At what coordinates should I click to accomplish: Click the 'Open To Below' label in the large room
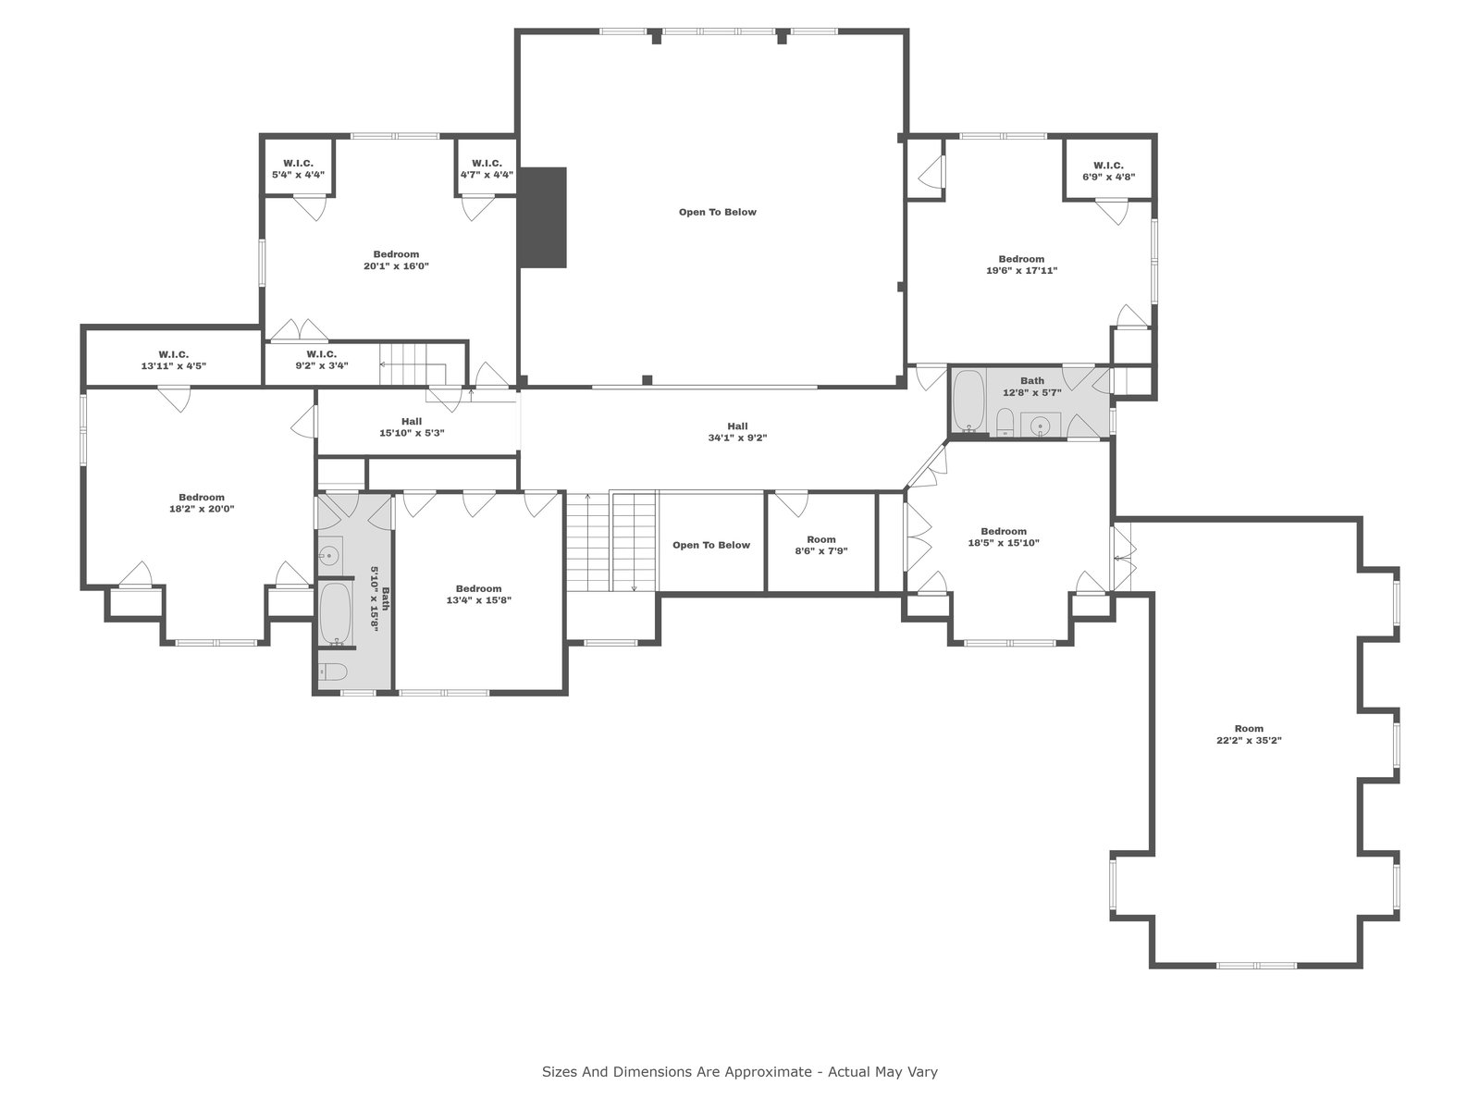pos(718,213)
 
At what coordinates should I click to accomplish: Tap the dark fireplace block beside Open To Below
pos(543,217)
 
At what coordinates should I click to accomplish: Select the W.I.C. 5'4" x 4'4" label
pos(298,169)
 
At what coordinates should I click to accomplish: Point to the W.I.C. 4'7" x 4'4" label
pos(487,169)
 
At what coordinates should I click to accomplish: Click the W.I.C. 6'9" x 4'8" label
pos(1108,171)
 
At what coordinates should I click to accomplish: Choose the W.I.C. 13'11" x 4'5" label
pos(173,360)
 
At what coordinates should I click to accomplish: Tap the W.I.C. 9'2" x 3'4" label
pos(322,360)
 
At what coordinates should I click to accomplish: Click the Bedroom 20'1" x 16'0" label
pos(397,260)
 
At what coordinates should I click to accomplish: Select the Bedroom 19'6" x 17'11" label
pos(1021,265)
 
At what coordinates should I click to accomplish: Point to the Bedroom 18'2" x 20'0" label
pos(202,503)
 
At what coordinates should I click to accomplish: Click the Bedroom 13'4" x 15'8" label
pos(479,595)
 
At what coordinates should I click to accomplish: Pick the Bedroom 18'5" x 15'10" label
pos(1004,537)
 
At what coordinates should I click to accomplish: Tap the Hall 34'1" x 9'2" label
pos(737,432)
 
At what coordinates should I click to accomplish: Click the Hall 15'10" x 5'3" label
pos(412,427)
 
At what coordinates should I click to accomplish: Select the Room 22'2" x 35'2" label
pos(1249,734)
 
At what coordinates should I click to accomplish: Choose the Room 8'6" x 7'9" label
pos(821,545)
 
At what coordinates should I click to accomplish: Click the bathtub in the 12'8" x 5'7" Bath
pos(968,401)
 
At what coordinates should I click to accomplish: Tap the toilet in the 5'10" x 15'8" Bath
pos(333,672)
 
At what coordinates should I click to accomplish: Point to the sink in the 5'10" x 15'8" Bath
pos(329,555)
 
